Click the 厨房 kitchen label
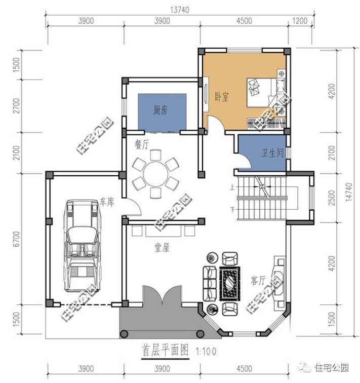coord(161,111)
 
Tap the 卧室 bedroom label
coord(221,96)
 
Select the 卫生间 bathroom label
coord(272,153)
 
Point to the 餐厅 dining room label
coord(141,145)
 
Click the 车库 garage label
coord(107,201)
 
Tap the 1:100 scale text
coord(205,350)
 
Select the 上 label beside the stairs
coord(232,187)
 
